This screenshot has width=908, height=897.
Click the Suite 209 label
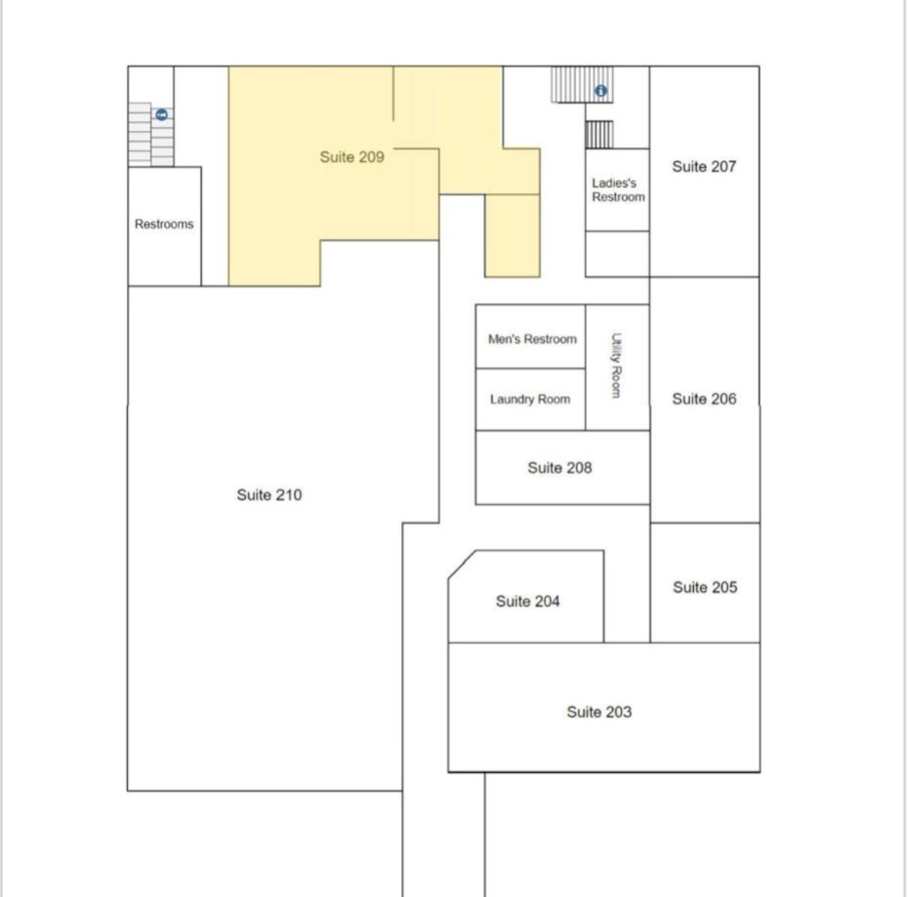tap(352, 157)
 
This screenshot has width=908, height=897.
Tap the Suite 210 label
tap(269, 495)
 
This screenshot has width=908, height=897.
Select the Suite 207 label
tap(704, 167)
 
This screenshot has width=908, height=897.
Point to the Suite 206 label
tap(704, 399)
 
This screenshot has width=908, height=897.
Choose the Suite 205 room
tap(705, 582)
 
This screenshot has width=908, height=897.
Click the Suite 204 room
tap(526, 596)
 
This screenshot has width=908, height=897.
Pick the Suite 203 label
tap(599, 712)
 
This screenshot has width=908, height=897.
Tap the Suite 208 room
tap(563, 467)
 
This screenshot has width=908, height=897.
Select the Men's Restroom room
tap(530, 336)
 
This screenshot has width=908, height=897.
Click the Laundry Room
tap(530, 400)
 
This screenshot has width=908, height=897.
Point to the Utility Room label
tap(616, 366)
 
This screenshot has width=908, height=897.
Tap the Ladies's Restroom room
tap(617, 189)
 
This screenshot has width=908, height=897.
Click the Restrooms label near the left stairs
tap(164, 224)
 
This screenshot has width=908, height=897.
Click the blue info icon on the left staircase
tap(162, 114)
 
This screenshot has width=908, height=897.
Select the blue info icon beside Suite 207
tap(601, 91)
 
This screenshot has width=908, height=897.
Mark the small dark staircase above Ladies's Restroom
tap(599, 135)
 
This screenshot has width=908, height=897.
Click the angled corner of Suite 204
tap(462, 564)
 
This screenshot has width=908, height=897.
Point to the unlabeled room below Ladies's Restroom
tap(617, 254)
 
